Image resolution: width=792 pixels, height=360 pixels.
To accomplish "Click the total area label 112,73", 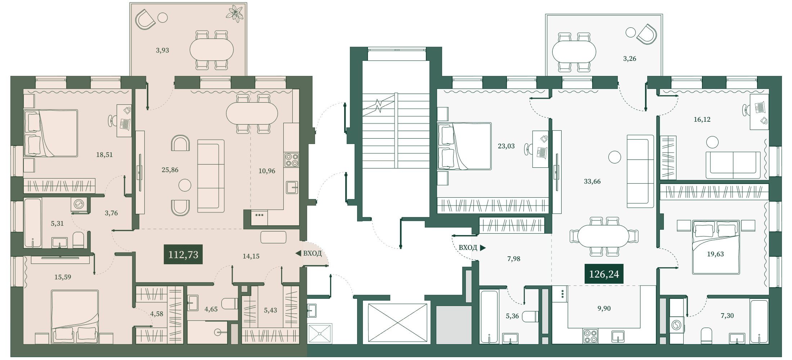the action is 183,255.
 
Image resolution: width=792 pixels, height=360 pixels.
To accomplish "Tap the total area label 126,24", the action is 604,274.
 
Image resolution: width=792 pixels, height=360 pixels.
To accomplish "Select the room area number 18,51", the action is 104,155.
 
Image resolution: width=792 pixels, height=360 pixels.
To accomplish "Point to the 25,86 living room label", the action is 170,170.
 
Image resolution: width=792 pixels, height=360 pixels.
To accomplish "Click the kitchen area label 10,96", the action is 267,171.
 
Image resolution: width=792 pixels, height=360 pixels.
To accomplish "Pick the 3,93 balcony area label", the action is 162,50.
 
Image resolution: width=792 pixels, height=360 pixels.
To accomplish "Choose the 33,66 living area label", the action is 592,181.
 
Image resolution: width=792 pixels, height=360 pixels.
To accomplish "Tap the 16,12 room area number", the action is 702,120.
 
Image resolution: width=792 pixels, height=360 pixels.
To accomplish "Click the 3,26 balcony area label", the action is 630,59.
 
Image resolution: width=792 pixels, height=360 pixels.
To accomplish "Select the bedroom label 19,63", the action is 715,254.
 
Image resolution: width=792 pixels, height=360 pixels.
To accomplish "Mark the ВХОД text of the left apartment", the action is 312,253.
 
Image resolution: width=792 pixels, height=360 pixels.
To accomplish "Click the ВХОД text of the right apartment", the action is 468,248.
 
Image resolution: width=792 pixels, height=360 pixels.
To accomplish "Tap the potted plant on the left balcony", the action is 235,13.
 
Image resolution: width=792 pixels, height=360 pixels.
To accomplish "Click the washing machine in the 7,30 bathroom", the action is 677,325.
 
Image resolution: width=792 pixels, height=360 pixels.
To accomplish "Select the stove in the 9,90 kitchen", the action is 591,336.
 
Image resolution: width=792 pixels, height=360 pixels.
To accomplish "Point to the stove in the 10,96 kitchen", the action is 292,160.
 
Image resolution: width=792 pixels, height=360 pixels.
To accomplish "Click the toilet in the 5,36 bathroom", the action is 530,316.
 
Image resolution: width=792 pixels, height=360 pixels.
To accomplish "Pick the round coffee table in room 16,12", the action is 712,142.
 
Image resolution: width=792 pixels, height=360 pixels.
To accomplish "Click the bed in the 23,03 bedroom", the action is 464,146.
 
